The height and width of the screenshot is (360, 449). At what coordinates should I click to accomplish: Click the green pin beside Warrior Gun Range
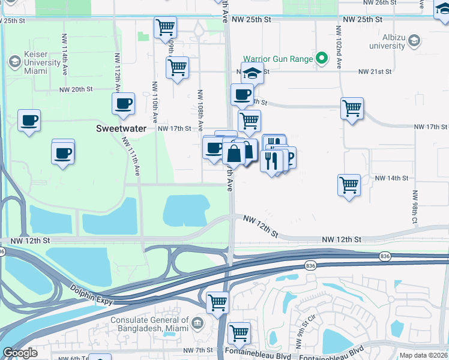pos(322,59)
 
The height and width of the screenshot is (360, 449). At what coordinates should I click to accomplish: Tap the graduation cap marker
pos(253,74)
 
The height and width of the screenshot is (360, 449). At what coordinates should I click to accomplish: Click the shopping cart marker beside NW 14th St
pos(349,185)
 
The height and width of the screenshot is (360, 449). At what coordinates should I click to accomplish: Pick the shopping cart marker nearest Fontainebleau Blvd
pos(239,332)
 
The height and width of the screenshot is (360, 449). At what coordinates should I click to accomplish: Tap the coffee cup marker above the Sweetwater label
pos(123,103)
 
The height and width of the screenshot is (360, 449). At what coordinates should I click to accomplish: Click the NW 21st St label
pos(375,71)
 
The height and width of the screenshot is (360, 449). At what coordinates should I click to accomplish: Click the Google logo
pos(20,353)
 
